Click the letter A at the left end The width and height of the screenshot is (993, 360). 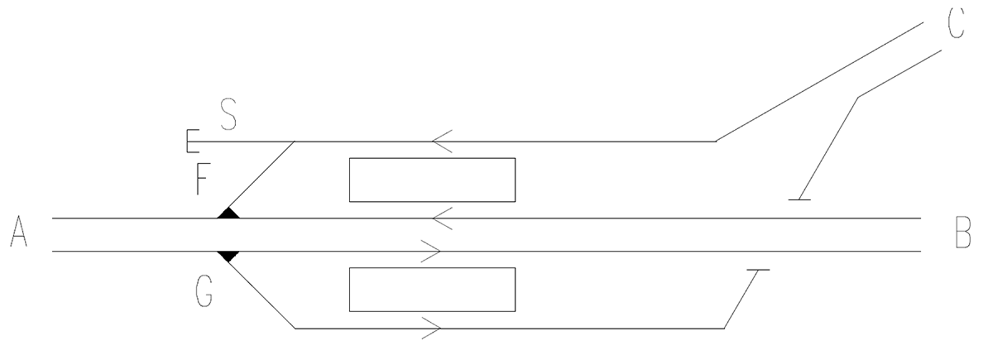19,232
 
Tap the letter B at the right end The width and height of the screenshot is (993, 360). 963,233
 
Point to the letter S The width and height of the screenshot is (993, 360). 228,115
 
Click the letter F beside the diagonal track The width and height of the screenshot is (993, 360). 202,179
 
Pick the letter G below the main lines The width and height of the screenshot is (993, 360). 204,292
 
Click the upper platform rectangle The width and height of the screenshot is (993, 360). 432,180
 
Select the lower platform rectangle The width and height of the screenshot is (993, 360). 432,289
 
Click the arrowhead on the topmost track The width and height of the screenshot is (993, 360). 442,142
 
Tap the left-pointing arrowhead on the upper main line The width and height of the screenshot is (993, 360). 442,218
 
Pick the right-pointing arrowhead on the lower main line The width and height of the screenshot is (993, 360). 431,251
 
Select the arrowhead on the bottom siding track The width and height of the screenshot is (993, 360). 432,328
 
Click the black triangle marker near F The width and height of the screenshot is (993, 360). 228,214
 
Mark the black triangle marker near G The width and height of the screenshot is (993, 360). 228,256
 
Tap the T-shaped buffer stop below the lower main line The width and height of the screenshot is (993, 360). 758,271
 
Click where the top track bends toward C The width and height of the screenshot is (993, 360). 716,142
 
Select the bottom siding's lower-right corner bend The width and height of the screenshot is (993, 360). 724,328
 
